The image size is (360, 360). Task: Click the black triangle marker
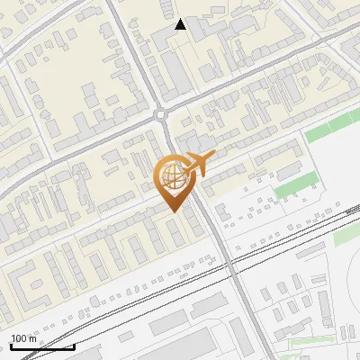pos(181,25)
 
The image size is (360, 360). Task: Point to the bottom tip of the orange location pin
pos(172,211)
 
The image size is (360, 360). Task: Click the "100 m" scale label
pos(23,337)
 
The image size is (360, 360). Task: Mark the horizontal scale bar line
pos(42,346)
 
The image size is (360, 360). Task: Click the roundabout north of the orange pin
pos(162,114)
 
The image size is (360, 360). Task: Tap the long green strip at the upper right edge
pos(333,129)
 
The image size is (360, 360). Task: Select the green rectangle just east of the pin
pos(289,190)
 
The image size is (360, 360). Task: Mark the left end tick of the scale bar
pos(11,346)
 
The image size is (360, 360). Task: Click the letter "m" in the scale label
pos(31,337)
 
